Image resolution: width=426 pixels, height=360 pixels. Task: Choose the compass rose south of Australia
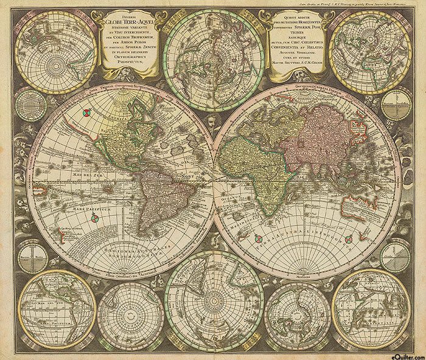(348, 239)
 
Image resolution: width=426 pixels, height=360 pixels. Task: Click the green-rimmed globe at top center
(214, 52)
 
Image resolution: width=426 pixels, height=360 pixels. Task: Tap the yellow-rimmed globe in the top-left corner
(55, 52)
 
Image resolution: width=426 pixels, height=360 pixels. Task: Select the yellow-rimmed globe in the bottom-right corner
(371, 308)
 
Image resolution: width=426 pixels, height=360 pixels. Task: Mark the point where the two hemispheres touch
(214, 181)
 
